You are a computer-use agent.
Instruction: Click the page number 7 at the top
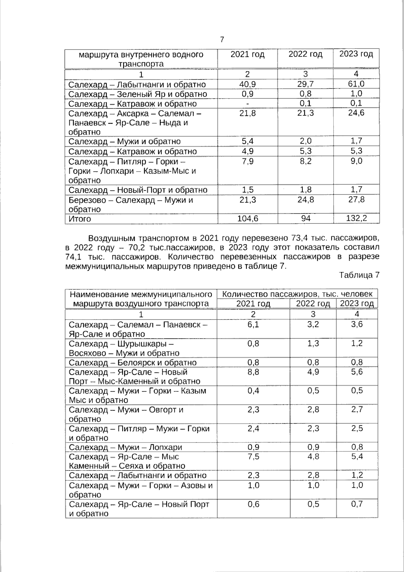(x=222, y=40)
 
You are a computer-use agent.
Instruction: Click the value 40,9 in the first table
(x=247, y=84)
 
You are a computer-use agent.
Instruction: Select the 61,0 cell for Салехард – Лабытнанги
(x=356, y=84)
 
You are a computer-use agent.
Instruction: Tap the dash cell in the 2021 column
(x=247, y=103)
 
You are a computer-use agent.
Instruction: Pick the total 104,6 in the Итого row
(x=247, y=219)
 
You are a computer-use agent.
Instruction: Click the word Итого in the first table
(x=80, y=219)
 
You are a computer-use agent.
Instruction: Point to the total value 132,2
(x=356, y=219)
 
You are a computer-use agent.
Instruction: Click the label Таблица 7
(x=359, y=275)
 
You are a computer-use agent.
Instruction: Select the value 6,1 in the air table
(x=253, y=325)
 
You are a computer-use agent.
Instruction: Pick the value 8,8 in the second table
(x=253, y=372)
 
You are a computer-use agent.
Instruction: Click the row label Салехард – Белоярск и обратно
(x=133, y=363)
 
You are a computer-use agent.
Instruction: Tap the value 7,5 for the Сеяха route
(x=253, y=457)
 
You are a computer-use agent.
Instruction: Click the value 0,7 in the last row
(x=357, y=504)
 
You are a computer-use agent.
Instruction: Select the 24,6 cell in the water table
(x=356, y=113)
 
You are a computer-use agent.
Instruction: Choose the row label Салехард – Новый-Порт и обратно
(x=138, y=190)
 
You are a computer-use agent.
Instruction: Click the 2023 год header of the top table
(x=356, y=54)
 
